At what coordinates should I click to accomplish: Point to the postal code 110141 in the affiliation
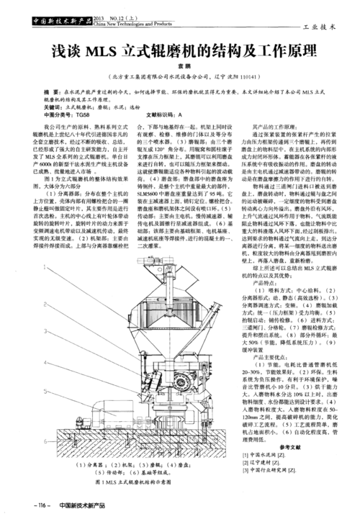258,76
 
